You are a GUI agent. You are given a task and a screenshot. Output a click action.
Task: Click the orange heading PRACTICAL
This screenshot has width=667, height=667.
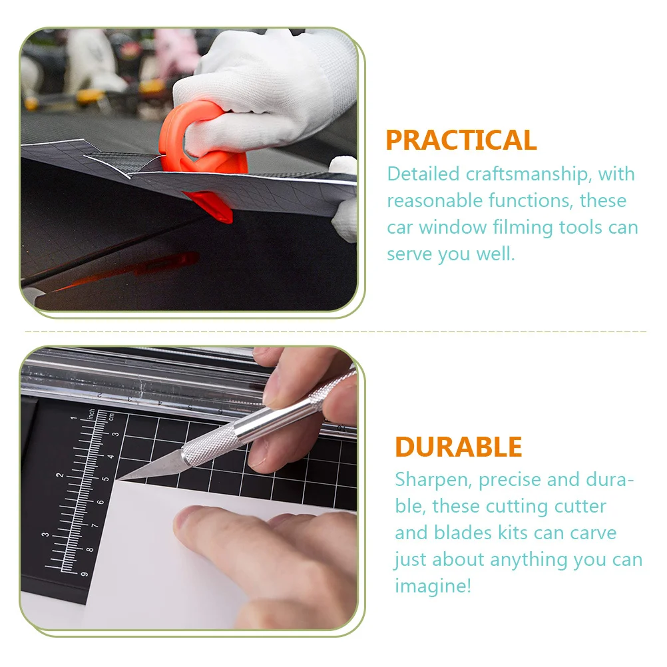coord(461,140)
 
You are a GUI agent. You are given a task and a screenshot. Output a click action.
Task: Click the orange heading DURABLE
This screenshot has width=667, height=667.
coord(458,447)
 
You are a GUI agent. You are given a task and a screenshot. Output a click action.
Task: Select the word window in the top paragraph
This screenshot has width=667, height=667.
coord(453,228)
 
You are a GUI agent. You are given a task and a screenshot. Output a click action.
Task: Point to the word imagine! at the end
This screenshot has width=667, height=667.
coord(433,586)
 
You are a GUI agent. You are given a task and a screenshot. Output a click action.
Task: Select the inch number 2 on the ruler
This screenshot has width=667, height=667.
coord(61,475)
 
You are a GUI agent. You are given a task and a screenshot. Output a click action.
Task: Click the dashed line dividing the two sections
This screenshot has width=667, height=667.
coord(333,331)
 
